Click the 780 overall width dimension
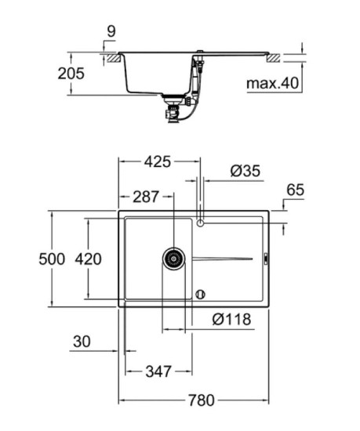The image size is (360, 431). point(201,400)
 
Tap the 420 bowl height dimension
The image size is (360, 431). point(88,259)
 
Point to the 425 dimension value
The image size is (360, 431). point(158,162)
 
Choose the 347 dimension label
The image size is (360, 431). point(158,371)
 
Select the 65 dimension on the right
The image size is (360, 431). point(295,190)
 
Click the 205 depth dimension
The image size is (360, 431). point(71,74)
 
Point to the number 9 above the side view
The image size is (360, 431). point(111,33)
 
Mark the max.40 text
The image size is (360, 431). point(271,82)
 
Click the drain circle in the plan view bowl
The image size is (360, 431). point(173,258)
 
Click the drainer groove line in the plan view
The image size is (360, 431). point(224,259)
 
